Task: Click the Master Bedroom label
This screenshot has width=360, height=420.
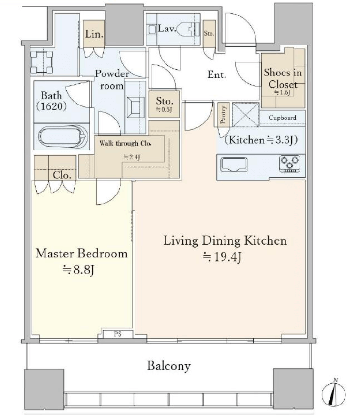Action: point(81,254)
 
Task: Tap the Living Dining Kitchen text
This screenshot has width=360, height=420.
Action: point(225,240)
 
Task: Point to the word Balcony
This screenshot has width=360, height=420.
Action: point(169,366)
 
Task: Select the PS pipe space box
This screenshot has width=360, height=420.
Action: point(118,334)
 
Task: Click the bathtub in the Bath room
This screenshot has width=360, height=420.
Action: point(63,136)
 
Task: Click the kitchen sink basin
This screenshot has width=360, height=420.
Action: point(234,164)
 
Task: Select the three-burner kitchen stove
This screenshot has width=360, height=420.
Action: point(289,164)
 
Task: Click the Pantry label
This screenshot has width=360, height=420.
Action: point(224,115)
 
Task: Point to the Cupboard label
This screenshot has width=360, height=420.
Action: point(282,118)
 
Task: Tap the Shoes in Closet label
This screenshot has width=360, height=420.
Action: point(283,78)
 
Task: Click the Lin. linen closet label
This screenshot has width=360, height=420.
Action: point(94,34)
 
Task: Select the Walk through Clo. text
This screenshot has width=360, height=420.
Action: point(125,144)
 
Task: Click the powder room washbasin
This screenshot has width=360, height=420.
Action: point(135,107)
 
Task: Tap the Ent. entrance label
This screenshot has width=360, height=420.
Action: point(217,75)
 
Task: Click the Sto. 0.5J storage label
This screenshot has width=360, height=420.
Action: point(164,104)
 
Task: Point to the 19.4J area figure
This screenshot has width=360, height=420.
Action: point(222,257)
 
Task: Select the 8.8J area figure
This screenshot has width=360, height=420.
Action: point(78,270)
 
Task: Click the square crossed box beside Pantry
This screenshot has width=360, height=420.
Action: point(245,114)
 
